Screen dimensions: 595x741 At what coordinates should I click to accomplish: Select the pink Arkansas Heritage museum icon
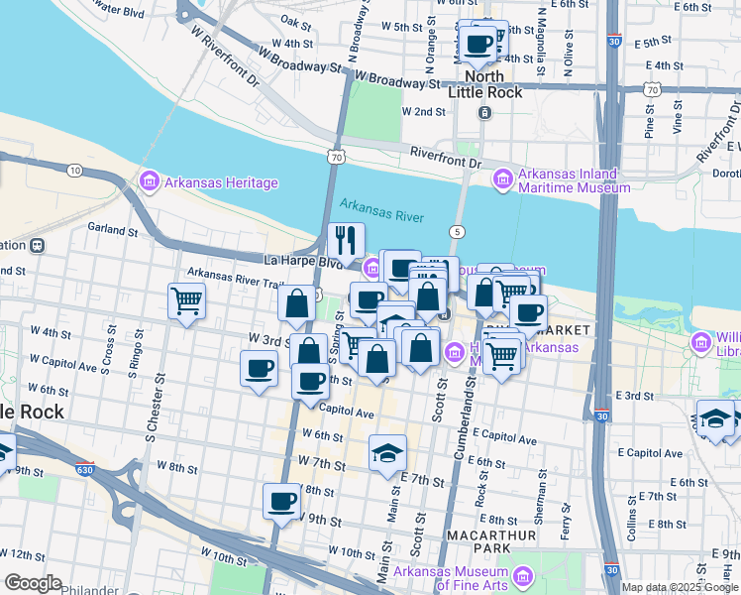[x=150, y=181]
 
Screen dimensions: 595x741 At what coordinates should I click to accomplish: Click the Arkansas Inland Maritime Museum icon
[x=502, y=178]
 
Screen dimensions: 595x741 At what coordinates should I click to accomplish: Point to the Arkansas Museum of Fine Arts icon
[x=522, y=575]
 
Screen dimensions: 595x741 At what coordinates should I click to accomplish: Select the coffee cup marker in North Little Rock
[x=479, y=43]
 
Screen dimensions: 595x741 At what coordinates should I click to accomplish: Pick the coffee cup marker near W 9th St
[x=282, y=501]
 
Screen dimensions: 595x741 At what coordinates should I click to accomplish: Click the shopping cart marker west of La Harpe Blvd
[x=186, y=299]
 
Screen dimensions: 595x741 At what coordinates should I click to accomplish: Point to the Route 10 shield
[x=74, y=171]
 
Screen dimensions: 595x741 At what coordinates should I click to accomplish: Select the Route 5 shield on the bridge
[x=457, y=231]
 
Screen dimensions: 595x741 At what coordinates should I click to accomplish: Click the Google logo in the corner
[x=33, y=582]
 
